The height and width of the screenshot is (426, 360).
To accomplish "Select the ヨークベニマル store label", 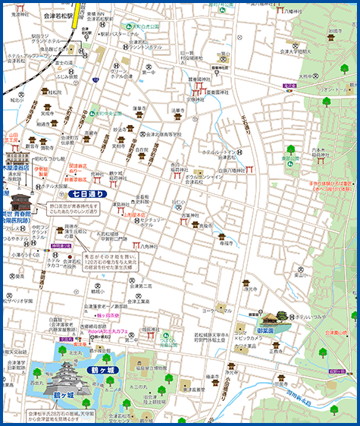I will click(217, 310).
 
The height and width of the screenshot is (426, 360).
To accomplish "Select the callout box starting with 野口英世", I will click(78, 210).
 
